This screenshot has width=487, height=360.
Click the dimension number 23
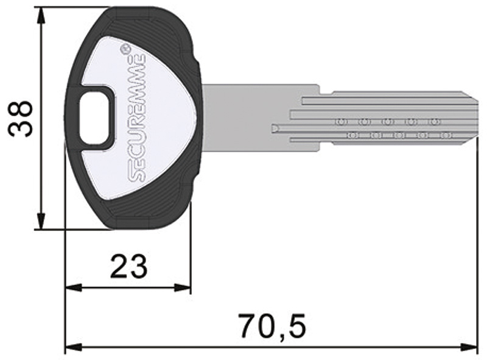[x=128, y=266]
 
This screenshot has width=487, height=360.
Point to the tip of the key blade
[x=476, y=120]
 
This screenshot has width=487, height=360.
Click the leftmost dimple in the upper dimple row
[x=340, y=122]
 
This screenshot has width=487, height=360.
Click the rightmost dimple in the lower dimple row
[x=446, y=135]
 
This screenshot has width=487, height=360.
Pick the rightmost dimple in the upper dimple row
[x=433, y=122]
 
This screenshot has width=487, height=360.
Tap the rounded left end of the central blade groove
[x=275, y=128]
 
